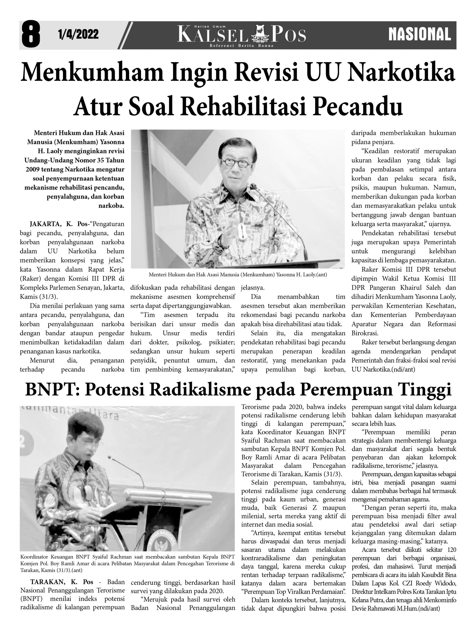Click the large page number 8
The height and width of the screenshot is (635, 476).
(31, 34)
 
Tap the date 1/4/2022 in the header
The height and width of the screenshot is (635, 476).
(78, 34)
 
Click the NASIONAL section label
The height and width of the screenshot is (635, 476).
(419, 34)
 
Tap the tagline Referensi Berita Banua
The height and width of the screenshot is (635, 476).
(241, 46)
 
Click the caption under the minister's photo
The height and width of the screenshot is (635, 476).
(238, 274)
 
